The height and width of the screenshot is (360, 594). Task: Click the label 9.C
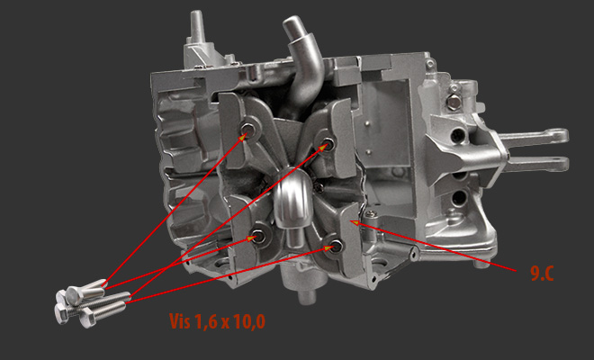click(x=542, y=274)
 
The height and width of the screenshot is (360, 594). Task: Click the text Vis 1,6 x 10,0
click(x=217, y=321)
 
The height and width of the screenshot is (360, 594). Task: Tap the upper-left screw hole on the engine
click(x=249, y=130)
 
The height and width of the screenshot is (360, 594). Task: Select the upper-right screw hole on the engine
click(x=328, y=144)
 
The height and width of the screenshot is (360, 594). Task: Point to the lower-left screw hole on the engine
click(x=258, y=237)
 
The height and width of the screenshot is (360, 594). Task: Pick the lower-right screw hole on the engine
click(x=336, y=246)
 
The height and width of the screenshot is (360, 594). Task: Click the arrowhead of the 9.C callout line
click(x=354, y=222)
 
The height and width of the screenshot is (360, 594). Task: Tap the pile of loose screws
click(x=92, y=302)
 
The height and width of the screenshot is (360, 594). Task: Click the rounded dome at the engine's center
click(x=292, y=198)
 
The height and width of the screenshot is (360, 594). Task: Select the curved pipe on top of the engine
click(x=303, y=60)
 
